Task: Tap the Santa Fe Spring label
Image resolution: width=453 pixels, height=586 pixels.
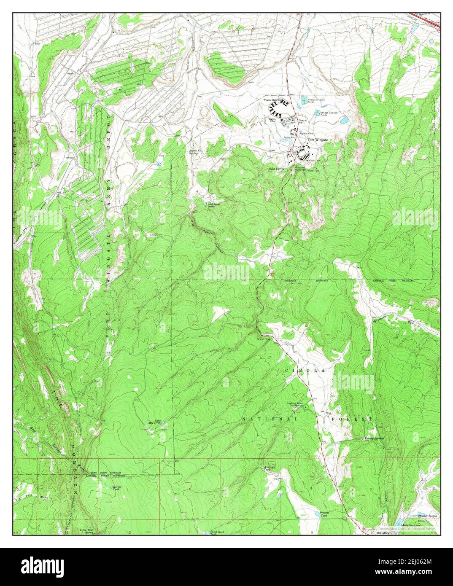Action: (193, 152)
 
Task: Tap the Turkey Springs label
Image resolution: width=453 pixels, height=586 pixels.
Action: (374, 439)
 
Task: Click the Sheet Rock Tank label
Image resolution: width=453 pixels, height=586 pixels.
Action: (217, 533)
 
